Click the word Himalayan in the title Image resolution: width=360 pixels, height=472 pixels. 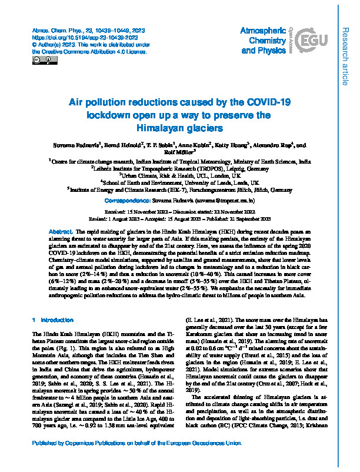pyautogui.click(x=162, y=128)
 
